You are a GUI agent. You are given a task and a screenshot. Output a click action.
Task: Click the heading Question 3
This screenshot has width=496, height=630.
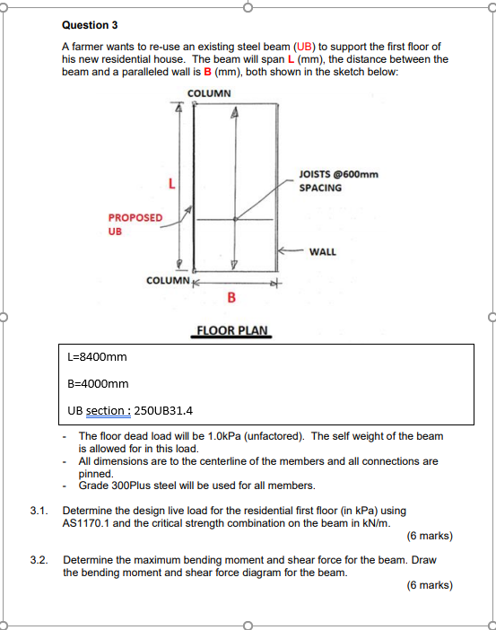90,25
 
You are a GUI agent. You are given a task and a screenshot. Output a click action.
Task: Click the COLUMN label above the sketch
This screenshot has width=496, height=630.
209,93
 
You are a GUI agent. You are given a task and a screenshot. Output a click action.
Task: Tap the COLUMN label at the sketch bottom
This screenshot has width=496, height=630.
168,280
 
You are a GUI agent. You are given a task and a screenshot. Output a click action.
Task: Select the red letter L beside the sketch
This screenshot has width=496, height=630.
172,184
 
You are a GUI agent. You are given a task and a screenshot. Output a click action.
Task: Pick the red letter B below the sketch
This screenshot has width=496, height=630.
231,297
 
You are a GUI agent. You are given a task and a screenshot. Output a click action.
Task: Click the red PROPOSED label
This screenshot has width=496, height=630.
135,218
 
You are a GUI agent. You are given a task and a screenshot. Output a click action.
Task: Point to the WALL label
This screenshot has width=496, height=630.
323,252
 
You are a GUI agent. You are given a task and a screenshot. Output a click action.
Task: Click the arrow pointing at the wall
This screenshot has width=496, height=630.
292,250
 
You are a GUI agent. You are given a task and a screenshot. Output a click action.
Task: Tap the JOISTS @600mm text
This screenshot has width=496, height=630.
338,174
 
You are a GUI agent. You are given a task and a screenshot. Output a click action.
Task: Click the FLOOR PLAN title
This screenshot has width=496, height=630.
231,330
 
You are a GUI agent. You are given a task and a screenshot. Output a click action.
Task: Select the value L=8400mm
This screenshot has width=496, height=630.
97,357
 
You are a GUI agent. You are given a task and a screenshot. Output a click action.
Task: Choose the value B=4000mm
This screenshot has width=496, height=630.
98,384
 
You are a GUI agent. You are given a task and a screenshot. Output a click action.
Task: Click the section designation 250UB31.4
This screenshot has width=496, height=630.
163,411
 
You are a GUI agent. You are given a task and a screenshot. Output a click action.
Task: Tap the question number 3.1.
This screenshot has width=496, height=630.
39,511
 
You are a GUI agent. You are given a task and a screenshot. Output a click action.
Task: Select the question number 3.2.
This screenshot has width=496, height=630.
39,560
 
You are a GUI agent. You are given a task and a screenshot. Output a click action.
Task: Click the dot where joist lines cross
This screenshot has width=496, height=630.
235,219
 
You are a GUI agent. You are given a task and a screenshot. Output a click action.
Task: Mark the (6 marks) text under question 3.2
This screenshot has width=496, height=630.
430,585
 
